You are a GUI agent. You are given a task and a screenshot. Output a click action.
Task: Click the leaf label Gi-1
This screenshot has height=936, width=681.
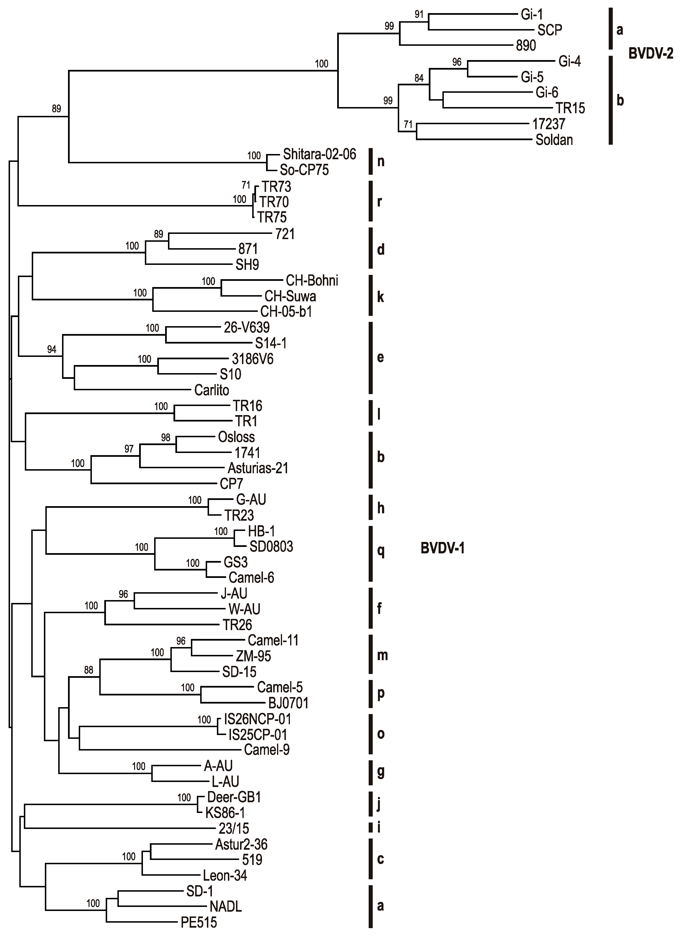click(532, 15)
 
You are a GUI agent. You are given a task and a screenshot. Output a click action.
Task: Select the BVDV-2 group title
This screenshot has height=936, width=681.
click(650, 54)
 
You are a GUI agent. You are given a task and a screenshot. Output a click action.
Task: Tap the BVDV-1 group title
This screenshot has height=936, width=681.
click(442, 548)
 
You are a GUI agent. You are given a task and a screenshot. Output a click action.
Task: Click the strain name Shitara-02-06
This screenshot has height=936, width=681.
click(319, 154)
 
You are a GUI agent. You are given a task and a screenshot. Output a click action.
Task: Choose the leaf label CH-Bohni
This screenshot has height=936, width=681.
click(312, 281)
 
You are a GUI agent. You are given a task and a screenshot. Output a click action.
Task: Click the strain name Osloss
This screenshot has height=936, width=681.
click(236, 437)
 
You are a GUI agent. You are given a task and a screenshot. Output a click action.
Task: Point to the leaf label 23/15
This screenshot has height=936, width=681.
click(234, 828)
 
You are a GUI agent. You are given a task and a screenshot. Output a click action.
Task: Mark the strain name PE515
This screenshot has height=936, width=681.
click(199, 922)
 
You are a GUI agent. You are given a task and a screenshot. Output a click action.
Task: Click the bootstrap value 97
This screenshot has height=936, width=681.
click(129, 449)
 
